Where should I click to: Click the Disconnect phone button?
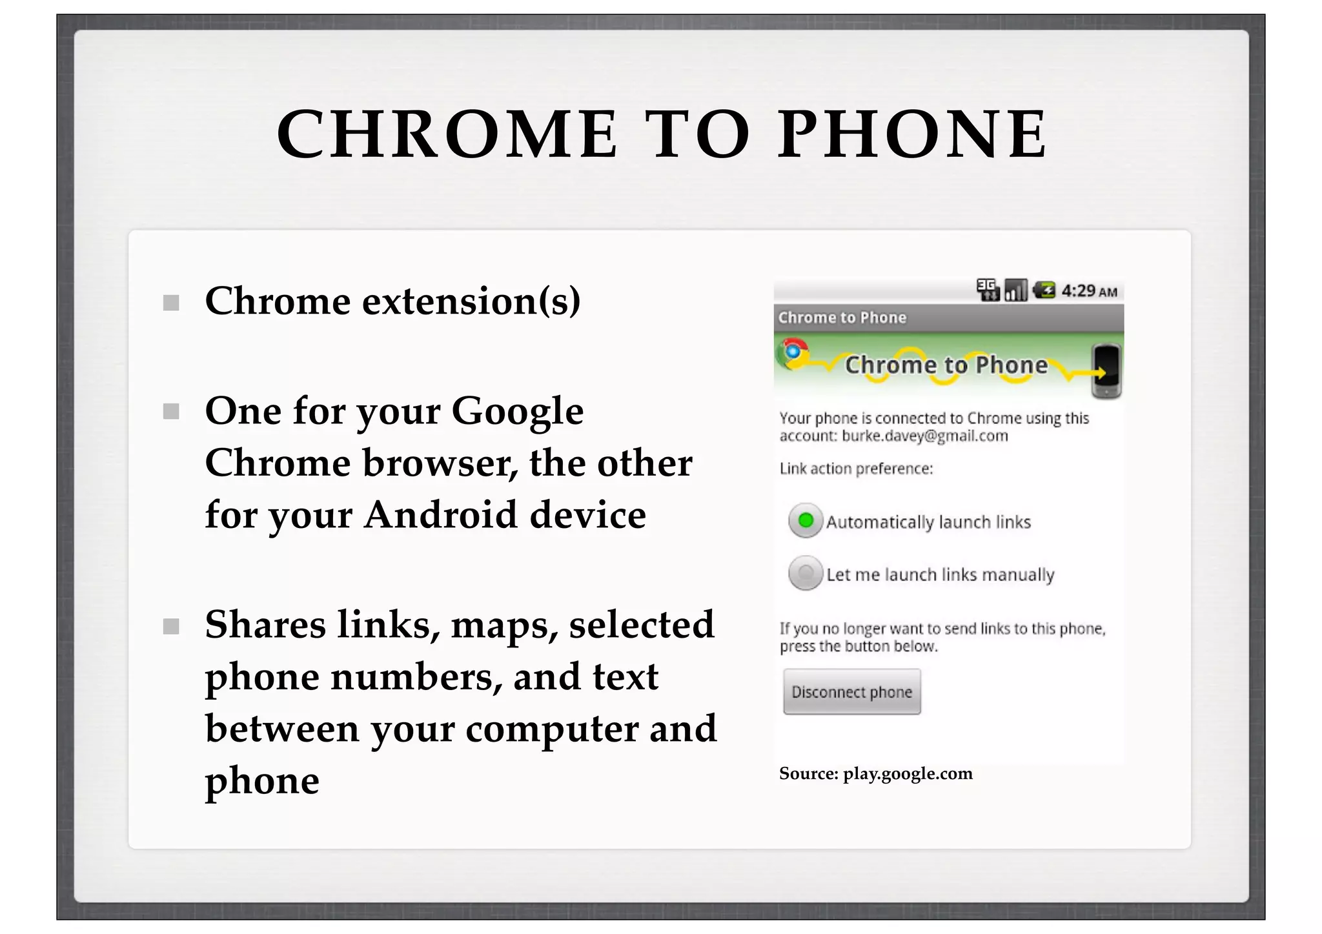pos(851,692)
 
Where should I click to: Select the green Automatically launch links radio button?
pos(806,520)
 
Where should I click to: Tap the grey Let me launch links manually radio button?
pos(806,573)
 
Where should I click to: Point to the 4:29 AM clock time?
pos(1089,291)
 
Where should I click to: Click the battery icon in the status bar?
pos(1044,290)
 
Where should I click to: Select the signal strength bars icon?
pos(1015,290)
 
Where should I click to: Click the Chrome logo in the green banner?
pos(793,352)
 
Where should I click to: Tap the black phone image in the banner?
pos(1106,371)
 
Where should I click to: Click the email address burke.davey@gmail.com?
pos(924,436)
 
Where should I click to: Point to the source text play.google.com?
pos(907,773)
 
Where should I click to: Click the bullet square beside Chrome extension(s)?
pos(171,303)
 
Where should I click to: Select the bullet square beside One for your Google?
pos(171,412)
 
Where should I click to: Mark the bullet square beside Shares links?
pos(171,626)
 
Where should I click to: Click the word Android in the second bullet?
pos(440,515)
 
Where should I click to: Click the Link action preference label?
pos(856,469)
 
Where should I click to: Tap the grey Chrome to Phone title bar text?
pos(842,318)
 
